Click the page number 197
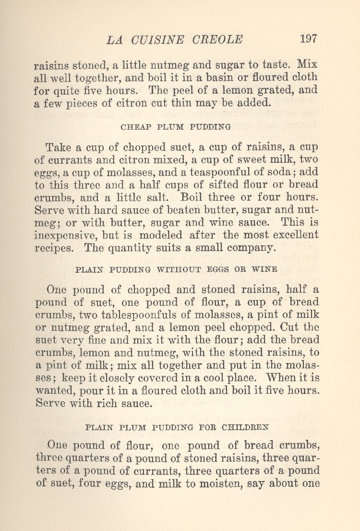pyautogui.click(x=308, y=39)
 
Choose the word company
pyautogui.click(x=251, y=248)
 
